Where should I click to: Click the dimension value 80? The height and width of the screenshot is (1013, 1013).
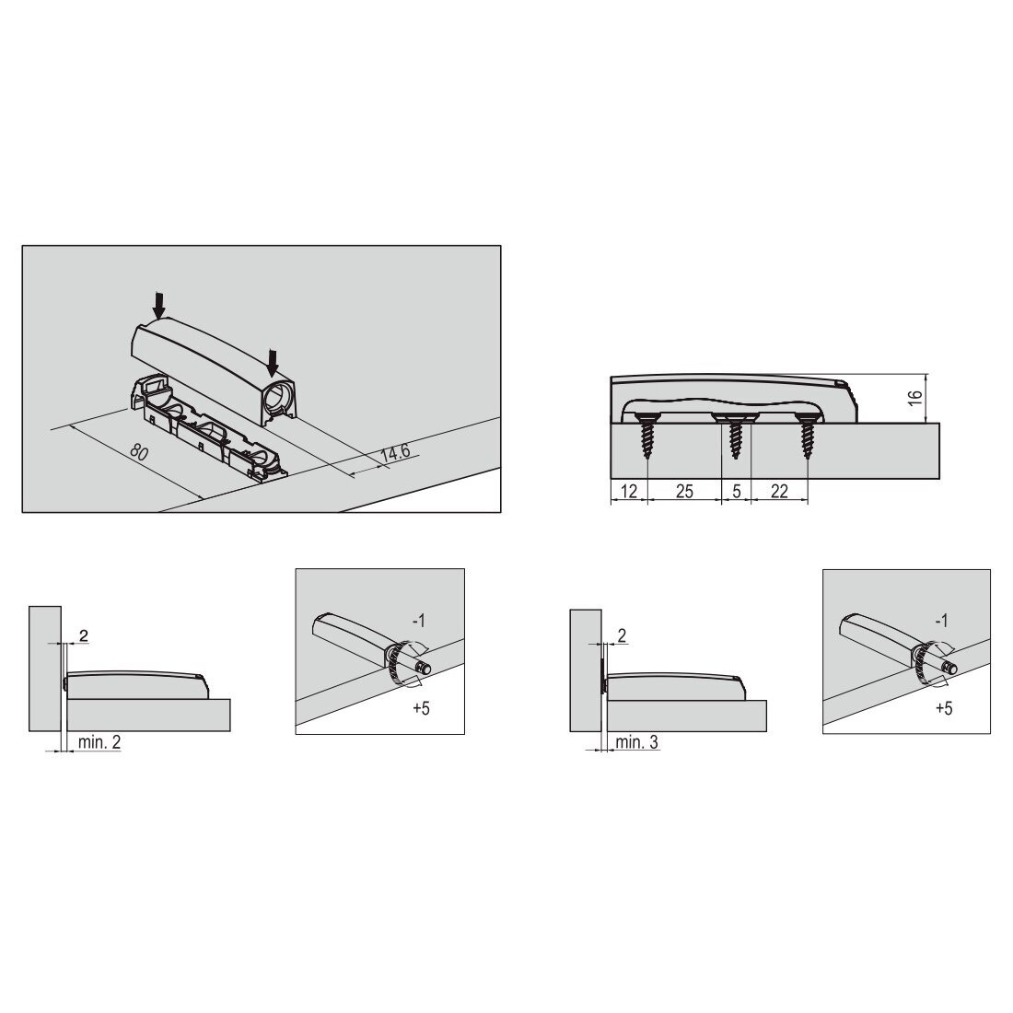139,451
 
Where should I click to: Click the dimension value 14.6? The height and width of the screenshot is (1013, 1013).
395,452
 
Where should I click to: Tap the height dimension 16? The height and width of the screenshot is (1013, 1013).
914,398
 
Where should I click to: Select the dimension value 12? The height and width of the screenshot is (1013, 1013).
629,492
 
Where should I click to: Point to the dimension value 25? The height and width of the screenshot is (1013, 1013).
684,492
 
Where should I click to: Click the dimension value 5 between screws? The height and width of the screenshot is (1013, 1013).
737,492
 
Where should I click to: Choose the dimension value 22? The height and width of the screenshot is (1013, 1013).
779,492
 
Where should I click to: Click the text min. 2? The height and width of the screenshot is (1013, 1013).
99,742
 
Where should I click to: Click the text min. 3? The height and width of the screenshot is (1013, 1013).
637,742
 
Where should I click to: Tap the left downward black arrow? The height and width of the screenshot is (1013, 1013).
159,305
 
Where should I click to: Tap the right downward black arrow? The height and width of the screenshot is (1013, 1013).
273,363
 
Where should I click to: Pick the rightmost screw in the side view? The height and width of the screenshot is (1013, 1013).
807,437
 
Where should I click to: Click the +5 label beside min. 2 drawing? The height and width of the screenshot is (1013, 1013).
421,708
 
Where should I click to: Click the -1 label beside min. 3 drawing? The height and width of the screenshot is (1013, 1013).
942,621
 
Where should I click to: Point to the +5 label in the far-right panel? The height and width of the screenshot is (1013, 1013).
944,709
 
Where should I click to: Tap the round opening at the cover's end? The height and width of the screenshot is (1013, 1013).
280,394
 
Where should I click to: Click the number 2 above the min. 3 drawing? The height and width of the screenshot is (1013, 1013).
622,635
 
